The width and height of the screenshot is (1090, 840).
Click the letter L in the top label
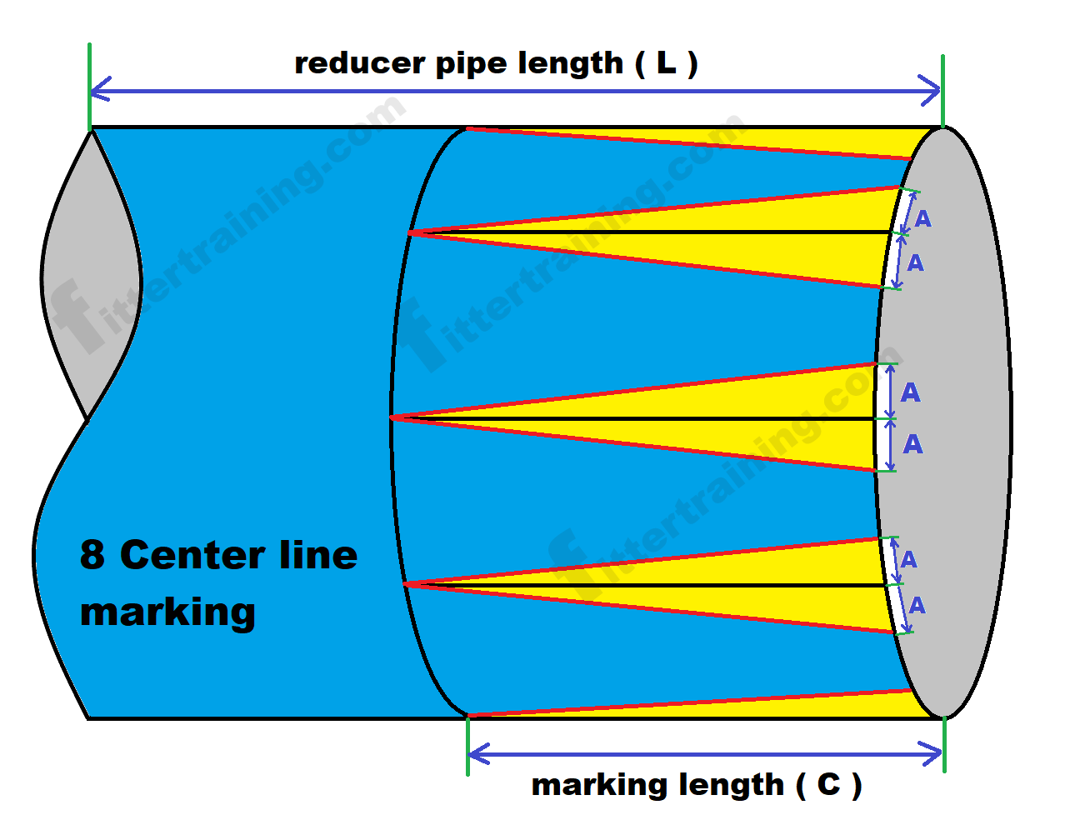(x=666, y=63)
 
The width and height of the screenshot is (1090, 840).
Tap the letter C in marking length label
(x=828, y=784)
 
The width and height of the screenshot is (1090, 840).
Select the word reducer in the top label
(x=359, y=64)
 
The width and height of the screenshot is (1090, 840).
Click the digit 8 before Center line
(x=92, y=555)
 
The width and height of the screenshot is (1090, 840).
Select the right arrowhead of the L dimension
(x=936, y=90)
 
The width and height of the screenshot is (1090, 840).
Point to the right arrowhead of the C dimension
(x=937, y=755)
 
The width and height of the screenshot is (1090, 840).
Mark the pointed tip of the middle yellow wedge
(x=393, y=417)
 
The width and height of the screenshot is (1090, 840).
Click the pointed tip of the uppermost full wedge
(x=410, y=232)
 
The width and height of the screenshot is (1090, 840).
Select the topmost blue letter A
(x=922, y=219)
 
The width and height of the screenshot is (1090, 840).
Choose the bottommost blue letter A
(x=917, y=605)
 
